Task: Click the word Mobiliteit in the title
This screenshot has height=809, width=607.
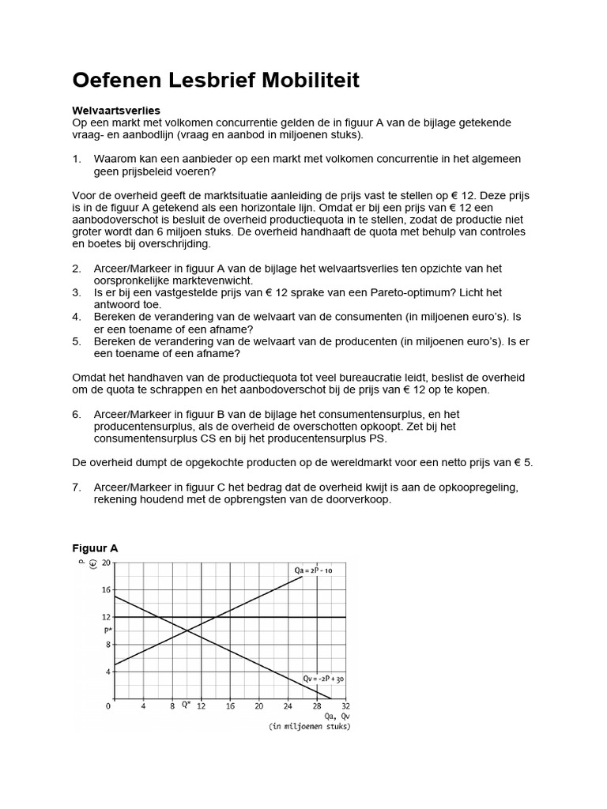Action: pos(292,80)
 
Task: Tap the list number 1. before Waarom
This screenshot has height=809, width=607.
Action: pos(77,159)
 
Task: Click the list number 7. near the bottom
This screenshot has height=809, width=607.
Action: pos(77,487)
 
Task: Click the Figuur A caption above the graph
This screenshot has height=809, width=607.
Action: pos(95,547)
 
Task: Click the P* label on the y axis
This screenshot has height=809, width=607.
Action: pos(107,630)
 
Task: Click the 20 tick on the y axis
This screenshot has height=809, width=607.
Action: pos(107,562)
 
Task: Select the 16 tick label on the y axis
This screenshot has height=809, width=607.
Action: pos(107,589)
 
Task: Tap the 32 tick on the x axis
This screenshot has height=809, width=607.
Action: pos(346,706)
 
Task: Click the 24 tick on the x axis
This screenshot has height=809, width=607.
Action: pos(288,706)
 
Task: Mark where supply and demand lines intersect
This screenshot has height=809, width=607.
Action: pos(187,630)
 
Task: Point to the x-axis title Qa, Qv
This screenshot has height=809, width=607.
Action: pos(335,717)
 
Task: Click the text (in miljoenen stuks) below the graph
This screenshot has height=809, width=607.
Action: pos(309,727)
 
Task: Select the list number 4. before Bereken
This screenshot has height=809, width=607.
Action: pos(77,316)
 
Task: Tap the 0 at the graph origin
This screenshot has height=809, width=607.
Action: pos(109,706)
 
